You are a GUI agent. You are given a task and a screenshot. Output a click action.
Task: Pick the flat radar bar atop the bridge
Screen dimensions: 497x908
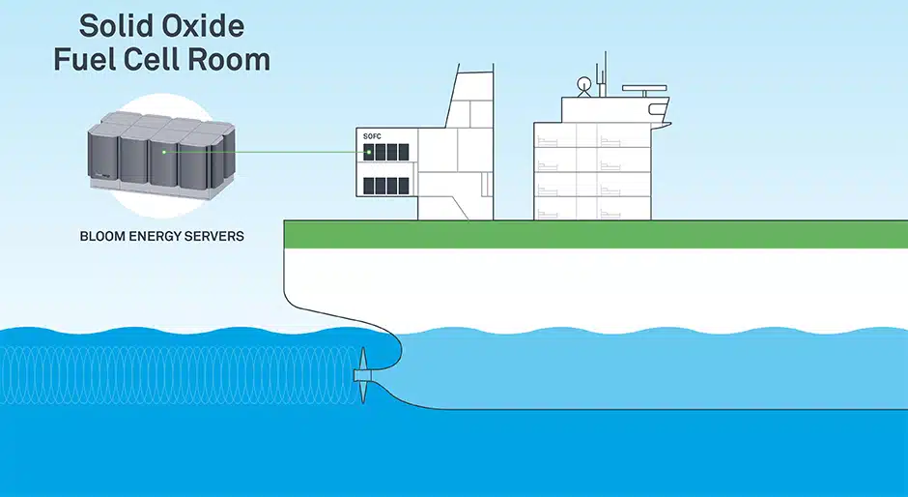coord(645,89)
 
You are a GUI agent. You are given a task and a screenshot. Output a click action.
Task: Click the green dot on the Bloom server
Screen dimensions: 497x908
coord(164,151)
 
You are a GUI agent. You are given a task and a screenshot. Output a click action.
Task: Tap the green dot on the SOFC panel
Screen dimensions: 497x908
coord(368,152)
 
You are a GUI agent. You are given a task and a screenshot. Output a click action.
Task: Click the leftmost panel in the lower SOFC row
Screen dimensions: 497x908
coord(367,186)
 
